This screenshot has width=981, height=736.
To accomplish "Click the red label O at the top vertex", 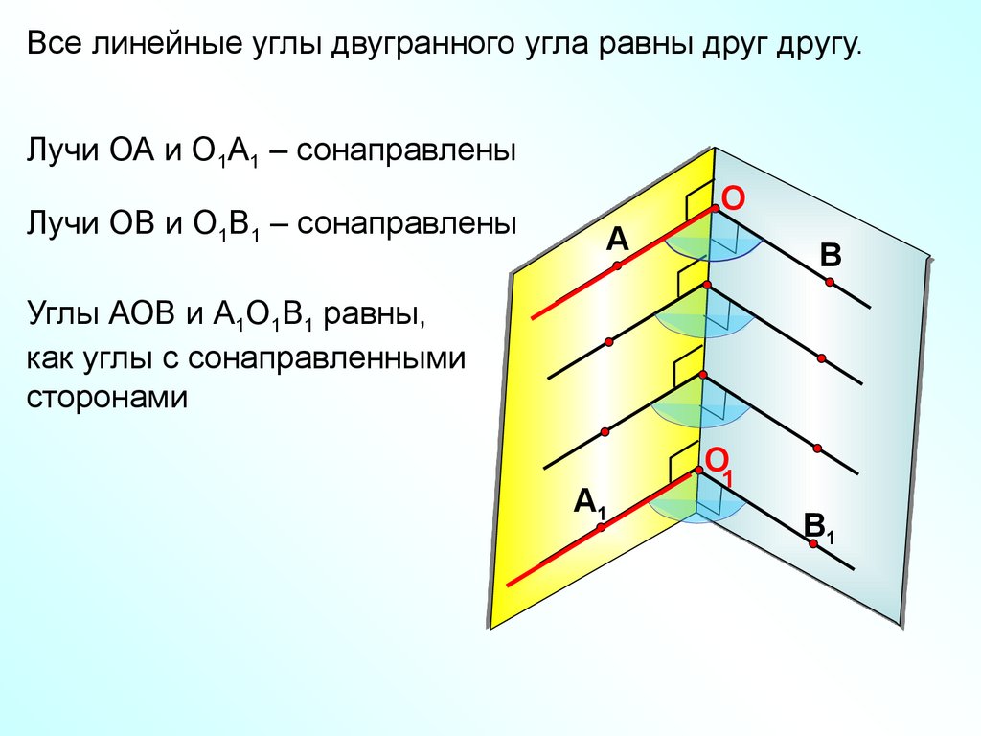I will [x=733, y=198].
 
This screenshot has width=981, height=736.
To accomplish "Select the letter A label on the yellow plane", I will [x=616, y=240].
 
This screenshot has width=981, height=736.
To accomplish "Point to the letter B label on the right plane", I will [x=830, y=256].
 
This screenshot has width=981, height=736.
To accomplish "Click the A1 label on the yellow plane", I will [x=589, y=502].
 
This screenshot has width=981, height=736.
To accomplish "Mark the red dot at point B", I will [x=830, y=282].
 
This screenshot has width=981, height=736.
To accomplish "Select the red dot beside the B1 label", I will [x=813, y=544].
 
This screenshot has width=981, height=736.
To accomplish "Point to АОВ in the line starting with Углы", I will [x=141, y=313].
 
